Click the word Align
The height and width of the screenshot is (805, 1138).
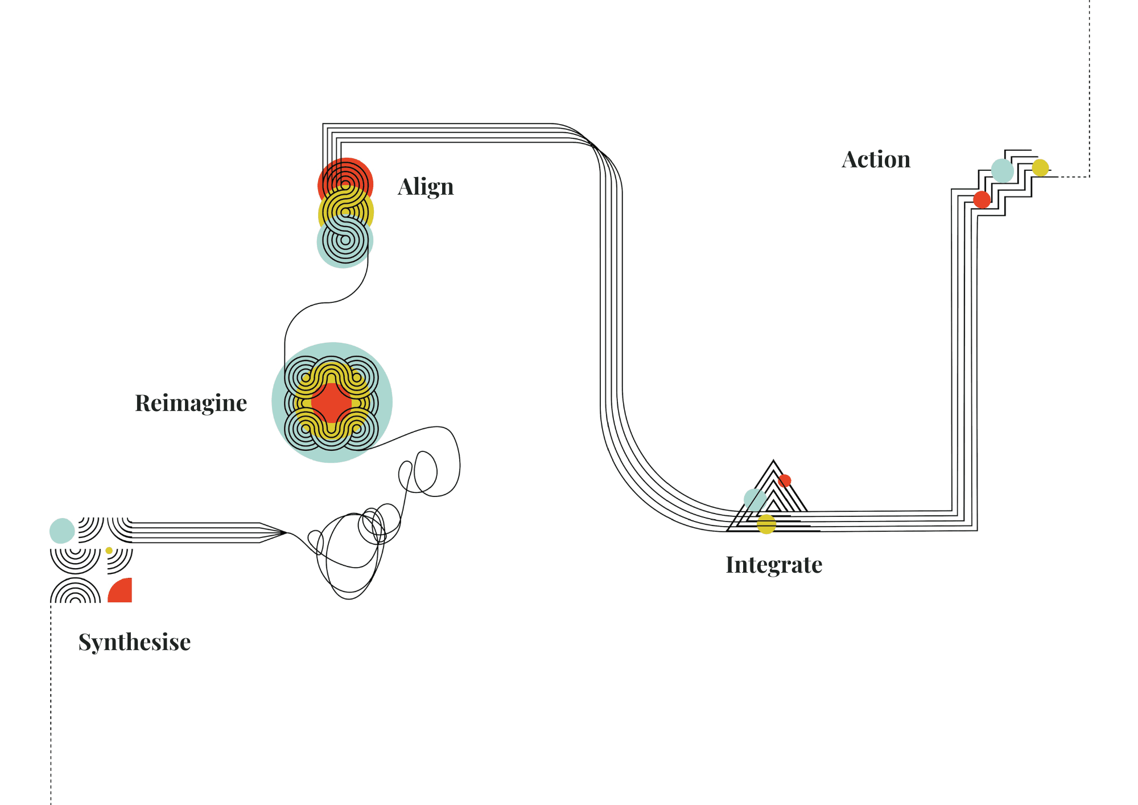[x=426, y=187]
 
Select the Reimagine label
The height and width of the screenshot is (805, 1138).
[x=191, y=403]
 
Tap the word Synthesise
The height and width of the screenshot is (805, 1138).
[x=134, y=642]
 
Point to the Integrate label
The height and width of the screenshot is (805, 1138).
[x=774, y=565]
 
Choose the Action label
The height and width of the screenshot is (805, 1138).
[x=876, y=160]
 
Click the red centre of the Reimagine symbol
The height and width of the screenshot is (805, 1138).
[x=332, y=402]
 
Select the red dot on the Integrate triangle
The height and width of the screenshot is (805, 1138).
[x=785, y=480]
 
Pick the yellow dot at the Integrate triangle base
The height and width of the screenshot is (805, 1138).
[x=766, y=524]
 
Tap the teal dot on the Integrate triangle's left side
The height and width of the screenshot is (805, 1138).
[x=754, y=499]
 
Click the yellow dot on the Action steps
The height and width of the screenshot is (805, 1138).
[x=1040, y=168]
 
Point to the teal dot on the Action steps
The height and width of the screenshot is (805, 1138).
[x=1002, y=170]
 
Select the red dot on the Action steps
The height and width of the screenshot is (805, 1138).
[x=982, y=200]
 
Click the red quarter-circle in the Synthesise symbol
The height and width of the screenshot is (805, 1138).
[x=122, y=592]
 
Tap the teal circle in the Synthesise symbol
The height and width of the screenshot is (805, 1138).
[x=62, y=531]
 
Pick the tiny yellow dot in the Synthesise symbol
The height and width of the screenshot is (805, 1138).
[x=109, y=551]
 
